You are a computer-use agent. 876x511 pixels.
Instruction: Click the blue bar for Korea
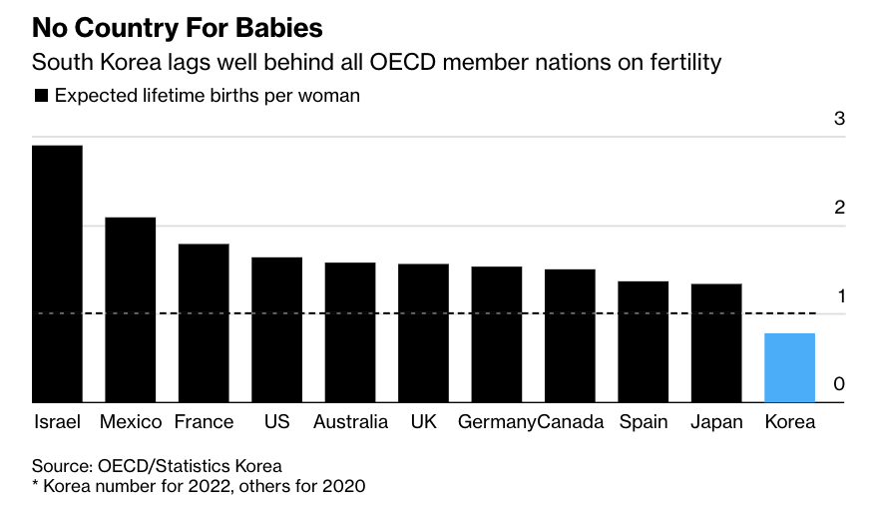[x=789, y=368]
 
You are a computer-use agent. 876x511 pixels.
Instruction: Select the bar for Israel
[x=57, y=273]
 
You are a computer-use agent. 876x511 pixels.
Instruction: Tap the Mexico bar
[x=130, y=309]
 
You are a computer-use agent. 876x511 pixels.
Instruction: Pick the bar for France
[x=204, y=323]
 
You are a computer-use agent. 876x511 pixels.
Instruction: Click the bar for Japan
[x=716, y=343]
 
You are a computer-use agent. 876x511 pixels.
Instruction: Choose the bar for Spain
[x=644, y=341]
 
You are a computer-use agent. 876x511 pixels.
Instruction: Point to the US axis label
[x=277, y=421]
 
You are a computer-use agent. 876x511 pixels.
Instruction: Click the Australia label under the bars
[x=350, y=421]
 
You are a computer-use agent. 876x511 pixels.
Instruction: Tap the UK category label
[x=423, y=421]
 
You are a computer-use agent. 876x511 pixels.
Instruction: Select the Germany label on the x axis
[x=497, y=422]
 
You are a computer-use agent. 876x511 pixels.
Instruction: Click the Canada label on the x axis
[x=570, y=421]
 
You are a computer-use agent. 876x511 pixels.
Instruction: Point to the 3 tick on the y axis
[x=839, y=119]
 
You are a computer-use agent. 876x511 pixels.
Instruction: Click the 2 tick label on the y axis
[x=839, y=208]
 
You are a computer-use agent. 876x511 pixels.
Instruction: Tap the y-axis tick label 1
[x=841, y=296]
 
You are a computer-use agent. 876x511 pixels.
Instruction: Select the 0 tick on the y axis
[x=839, y=384]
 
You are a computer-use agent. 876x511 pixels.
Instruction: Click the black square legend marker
[x=41, y=96]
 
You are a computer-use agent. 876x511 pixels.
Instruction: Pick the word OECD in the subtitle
[x=402, y=62]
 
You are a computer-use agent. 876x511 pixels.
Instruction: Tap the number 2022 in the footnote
[x=209, y=486]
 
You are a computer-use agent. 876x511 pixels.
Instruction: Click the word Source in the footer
[x=62, y=466]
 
